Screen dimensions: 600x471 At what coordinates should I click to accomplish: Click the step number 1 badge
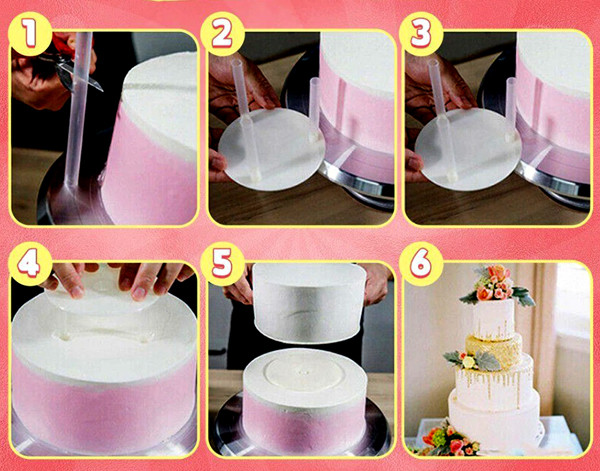point(30,33)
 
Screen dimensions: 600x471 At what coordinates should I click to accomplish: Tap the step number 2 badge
point(222,33)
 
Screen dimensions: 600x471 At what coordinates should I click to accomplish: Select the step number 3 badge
point(421,33)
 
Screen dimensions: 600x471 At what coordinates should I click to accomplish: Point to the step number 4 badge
point(30,263)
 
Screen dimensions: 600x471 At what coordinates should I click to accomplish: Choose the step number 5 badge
point(222,263)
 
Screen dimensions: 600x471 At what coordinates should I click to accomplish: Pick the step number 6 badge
point(421,263)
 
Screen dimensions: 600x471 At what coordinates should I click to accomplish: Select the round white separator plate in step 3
point(468,149)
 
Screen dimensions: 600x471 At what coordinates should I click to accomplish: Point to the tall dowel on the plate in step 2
point(246,119)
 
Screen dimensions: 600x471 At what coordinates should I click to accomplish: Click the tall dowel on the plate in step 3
point(442,119)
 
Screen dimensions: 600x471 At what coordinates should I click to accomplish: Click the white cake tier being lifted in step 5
point(309,302)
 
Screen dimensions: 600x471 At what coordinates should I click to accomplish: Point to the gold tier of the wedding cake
point(494,350)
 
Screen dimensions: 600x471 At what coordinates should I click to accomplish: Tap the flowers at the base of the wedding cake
point(448,440)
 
